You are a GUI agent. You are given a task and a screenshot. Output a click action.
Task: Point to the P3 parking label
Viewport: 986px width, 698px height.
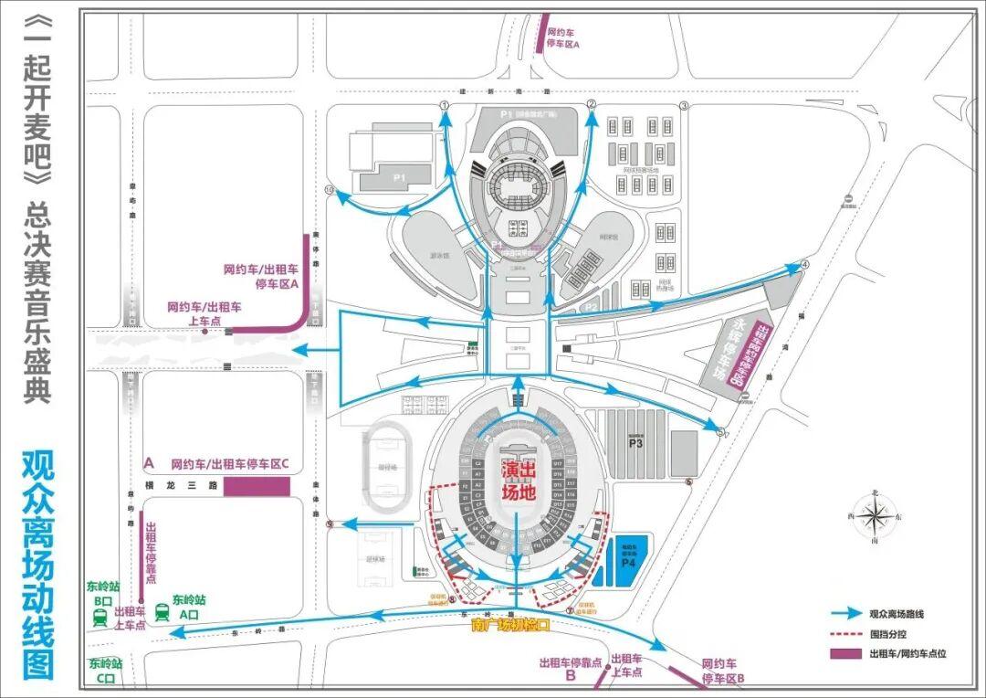click(x=635, y=443)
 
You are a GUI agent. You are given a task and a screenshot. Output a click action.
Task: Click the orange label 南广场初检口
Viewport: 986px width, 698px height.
click(x=511, y=626)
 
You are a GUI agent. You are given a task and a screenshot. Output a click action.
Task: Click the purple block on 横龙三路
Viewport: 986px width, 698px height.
click(x=257, y=486)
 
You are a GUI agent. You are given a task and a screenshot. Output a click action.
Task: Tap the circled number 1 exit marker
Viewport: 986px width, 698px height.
click(x=445, y=106)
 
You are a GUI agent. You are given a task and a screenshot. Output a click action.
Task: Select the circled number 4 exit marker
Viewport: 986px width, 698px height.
click(x=804, y=265)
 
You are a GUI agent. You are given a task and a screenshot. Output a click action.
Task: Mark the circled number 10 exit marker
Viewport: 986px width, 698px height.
click(x=330, y=190)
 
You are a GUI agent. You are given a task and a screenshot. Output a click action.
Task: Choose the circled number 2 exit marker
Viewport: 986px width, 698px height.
click(x=591, y=105)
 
